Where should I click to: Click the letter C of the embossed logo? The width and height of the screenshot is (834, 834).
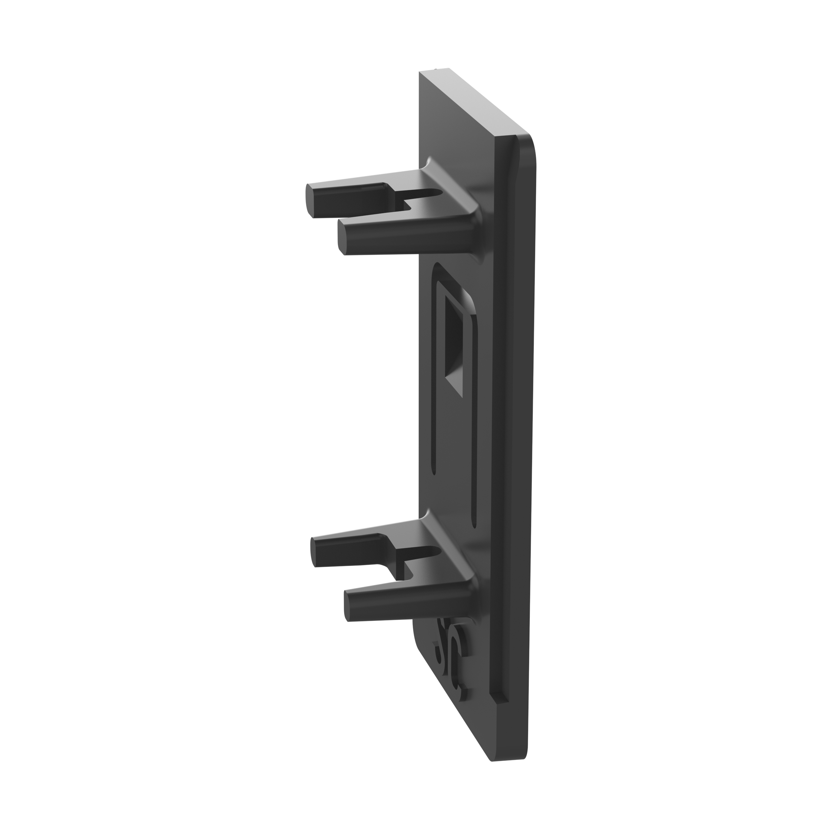457,661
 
